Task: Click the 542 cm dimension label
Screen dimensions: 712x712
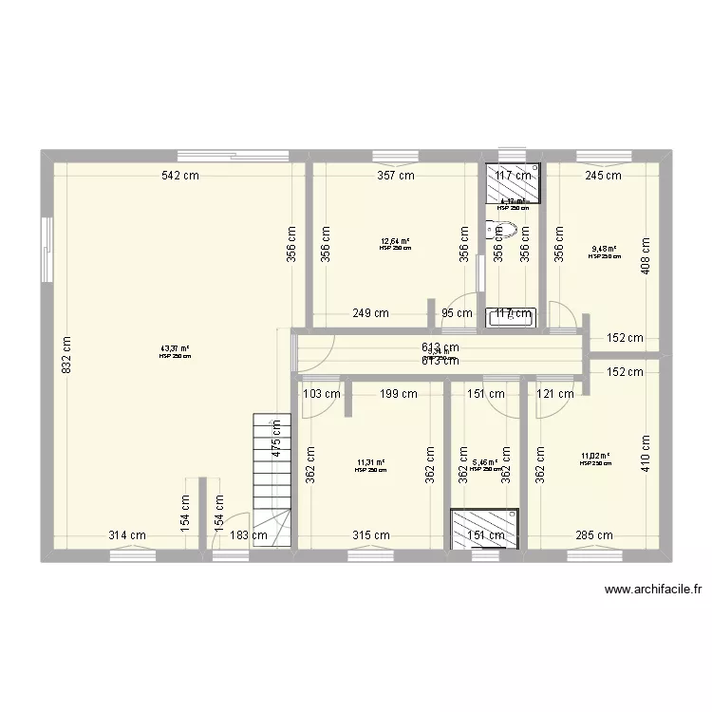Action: coord(178,175)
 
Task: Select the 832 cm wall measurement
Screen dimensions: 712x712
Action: coord(65,357)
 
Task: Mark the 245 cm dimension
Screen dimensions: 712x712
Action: coord(602,175)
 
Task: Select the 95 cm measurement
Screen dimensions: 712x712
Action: coord(457,313)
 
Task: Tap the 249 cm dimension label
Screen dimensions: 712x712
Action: coord(370,313)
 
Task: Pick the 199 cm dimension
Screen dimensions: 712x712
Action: coord(398,393)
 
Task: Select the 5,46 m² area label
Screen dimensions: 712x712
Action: coord(484,463)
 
